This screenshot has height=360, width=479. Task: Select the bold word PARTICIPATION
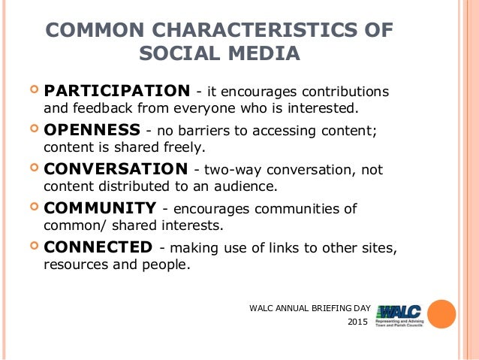pos(116,91)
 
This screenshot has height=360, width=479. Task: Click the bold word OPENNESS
pos(92,129)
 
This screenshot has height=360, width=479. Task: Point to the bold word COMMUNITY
pos(100,207)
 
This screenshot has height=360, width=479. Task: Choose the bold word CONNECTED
pos(98,247)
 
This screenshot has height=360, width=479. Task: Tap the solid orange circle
pos(441,314)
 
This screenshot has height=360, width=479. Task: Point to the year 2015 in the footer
pos(358,323)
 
